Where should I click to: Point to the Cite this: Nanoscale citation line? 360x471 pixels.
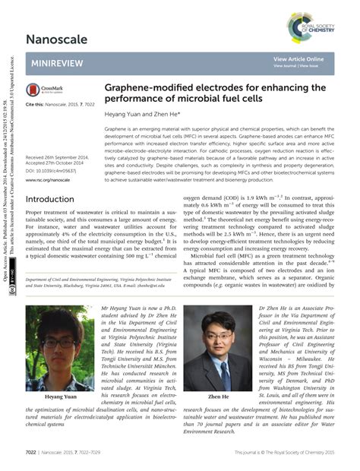[59, 103]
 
